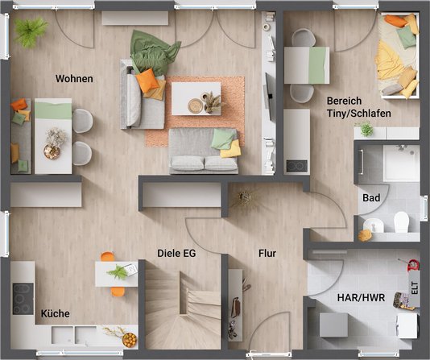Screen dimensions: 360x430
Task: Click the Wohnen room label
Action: click(x=74, y=79)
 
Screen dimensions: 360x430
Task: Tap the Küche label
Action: click(x=55, y=313)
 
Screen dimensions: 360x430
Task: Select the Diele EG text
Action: click(x=176, y=253)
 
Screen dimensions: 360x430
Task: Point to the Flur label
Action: click(x=267, y=254)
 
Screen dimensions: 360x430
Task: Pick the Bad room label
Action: click(x=371, y=197)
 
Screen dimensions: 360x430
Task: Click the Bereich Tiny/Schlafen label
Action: click(x=358, y=107)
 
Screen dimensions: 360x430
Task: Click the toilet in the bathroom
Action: click(x=401, y=221)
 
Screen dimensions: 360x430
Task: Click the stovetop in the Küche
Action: click(x=22, y=298)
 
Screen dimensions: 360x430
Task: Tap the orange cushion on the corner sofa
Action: click(x=147, y=80)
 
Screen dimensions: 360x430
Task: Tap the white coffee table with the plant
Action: click(x=196, y=98)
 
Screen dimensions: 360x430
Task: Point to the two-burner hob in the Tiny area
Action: click(x=296, y=165)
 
